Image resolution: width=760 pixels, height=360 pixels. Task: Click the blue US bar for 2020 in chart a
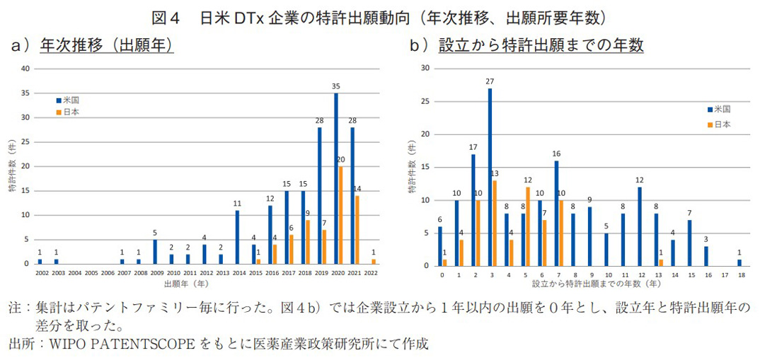(336, 178)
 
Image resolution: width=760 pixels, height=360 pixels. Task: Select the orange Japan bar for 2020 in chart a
(341, 215)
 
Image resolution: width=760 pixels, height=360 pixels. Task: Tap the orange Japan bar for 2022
(374, 261)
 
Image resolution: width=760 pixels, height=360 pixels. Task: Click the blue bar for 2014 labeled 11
(236, 237)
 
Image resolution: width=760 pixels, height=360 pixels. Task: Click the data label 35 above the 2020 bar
(336, 86)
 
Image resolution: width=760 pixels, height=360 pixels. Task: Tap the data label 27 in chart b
(490, 81)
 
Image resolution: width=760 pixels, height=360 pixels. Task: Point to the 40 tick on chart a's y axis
(25, 69)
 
